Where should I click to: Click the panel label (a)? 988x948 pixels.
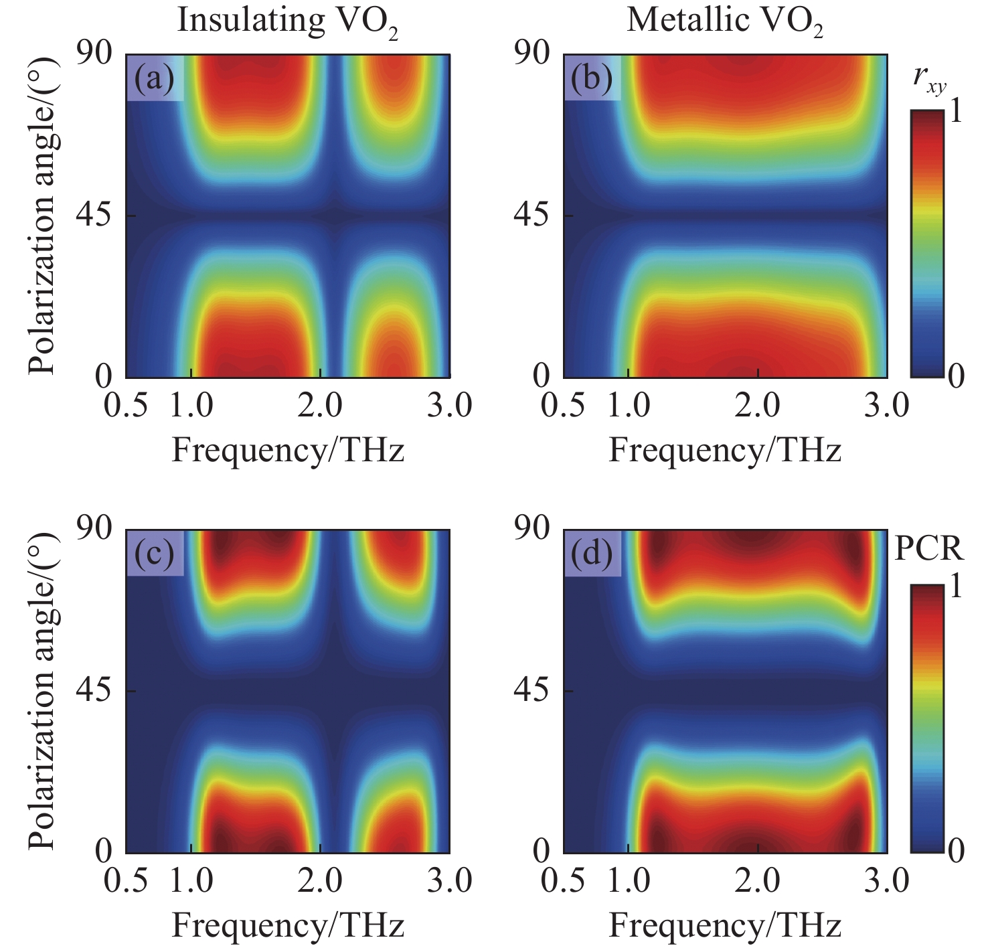pos(155,78)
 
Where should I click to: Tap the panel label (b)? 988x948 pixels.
pos(592,78)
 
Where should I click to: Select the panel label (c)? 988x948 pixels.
pos(155,554)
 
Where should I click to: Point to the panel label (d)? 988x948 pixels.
pos(592,554)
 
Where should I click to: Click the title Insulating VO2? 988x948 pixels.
pos(288,21)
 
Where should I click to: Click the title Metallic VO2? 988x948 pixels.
pos(724,21)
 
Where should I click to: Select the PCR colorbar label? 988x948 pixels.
pos(929,549)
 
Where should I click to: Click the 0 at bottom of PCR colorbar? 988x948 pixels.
pos(957,851)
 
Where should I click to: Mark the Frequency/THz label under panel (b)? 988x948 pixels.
pos(724,451)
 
